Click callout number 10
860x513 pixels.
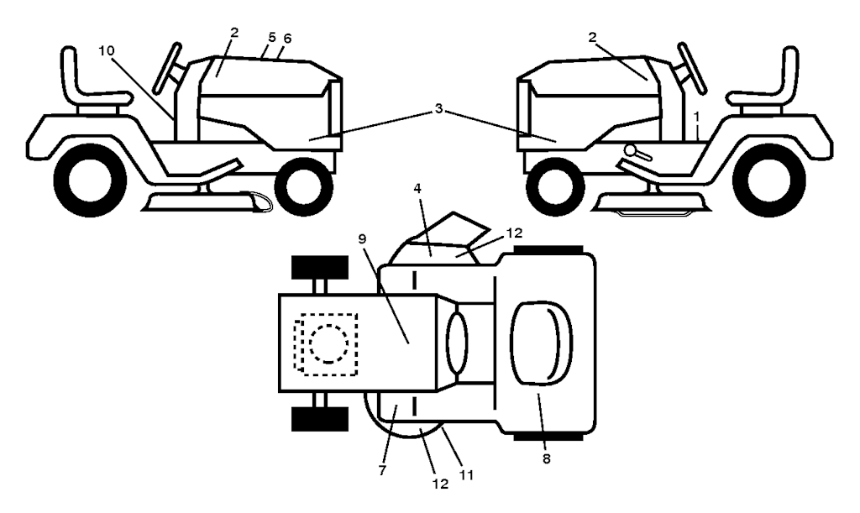107,50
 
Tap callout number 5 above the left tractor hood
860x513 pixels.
272,38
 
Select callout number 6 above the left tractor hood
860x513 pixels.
287,38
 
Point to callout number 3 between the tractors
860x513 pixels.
438,108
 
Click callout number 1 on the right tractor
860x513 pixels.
696,116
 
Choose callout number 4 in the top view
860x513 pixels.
417,189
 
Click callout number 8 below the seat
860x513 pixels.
546,459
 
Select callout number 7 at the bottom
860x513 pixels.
382,470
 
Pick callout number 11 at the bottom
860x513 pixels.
466,474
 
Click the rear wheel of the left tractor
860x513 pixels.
91,179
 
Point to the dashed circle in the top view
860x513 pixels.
328,343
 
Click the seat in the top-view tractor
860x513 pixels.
542,343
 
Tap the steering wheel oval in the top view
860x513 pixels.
458,343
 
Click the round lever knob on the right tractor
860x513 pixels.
631,149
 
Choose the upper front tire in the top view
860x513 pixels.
320,267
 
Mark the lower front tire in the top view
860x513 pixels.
320,419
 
